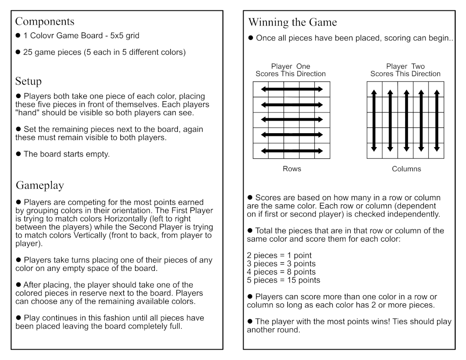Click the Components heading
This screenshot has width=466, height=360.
click(45, 22)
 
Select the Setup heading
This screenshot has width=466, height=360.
click(28, 81)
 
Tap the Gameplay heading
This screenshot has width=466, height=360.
click(40, 185)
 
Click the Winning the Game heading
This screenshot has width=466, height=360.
click(292, 22)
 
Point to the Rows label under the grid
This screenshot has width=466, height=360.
click(292, 169)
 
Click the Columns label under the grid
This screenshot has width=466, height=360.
click(406, 169)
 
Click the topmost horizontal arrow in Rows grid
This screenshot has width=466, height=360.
click(292, 89)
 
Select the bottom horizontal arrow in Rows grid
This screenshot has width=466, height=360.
click(292, 151)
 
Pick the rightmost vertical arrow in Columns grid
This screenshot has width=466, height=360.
click(436, 121)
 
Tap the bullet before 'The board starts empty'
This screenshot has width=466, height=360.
click(18, 154)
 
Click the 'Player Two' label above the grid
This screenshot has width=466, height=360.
click(405, 67)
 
